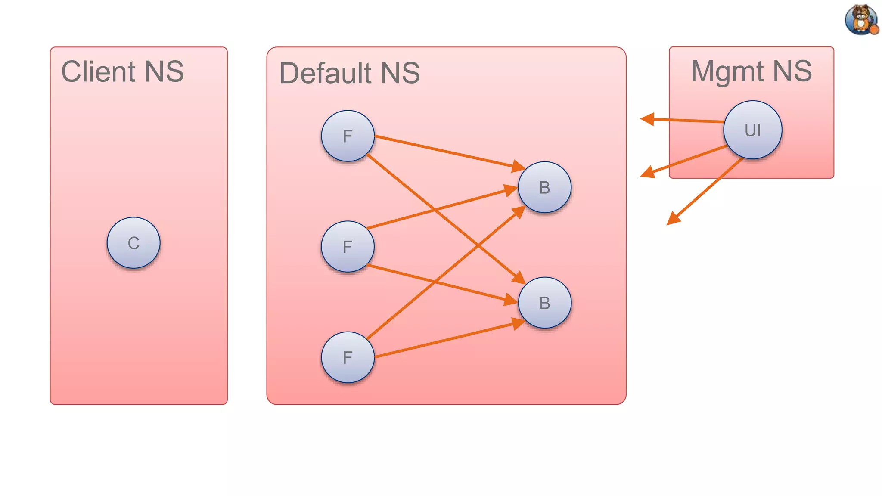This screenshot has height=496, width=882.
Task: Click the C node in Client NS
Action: [134, 243]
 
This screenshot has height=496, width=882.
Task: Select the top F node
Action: [348, 136]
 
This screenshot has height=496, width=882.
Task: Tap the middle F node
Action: [348, 247]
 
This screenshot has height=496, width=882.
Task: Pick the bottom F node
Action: [348, 357]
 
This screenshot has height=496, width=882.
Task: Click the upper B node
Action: [544, 187]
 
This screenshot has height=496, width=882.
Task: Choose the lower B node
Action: [544, 303]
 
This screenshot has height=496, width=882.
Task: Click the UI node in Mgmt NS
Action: [752, 130]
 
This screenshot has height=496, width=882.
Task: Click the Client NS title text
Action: [123, 71]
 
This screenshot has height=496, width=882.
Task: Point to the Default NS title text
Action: [349, 73]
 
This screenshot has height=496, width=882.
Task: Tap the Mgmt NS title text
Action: [752, 71]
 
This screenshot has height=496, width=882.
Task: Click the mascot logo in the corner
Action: [861, 19]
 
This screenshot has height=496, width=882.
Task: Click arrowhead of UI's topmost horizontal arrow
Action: [647, 119]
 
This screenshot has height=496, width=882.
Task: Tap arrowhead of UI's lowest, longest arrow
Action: [673, 219]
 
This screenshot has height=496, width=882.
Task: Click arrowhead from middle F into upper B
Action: [511, 190]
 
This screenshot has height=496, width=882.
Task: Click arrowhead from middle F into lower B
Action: [511, 300]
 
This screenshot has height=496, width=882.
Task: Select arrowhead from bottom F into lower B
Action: [518, 323]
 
